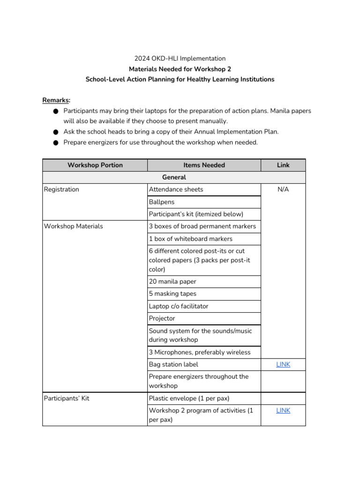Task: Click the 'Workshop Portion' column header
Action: pos(95,165)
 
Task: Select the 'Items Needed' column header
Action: pos(204,165)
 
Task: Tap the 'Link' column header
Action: pos(283,165)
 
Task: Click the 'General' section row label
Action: pos(174,177)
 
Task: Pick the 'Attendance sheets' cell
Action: pos(176,189)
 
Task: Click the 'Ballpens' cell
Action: pos(162,202)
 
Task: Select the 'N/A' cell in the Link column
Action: pos(283,189)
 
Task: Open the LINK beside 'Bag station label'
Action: pos(283,364)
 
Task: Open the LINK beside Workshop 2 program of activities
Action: pos(283,410)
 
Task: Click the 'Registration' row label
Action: pos(61,189)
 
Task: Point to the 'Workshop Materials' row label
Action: pos(73,226)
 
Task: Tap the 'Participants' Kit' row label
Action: pos(67,398)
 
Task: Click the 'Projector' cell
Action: pos(162,318)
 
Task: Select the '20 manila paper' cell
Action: pos(172,281)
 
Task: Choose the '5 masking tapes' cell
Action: pos(172,293)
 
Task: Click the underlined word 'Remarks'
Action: pos(56,100)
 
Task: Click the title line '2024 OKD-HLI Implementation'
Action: pos(180,59)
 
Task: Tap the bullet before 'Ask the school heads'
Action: pos(55,132)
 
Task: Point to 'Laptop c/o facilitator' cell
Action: pos(179,306)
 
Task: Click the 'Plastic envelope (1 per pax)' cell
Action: pos(189,398)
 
